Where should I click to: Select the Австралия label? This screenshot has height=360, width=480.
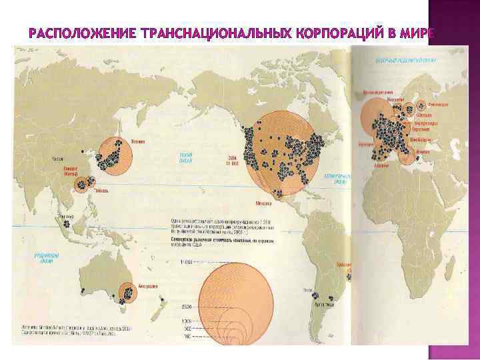coord(147,286)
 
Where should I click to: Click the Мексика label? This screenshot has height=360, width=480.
coord(264,204)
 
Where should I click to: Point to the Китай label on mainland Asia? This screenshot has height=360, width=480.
coord(58,159)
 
